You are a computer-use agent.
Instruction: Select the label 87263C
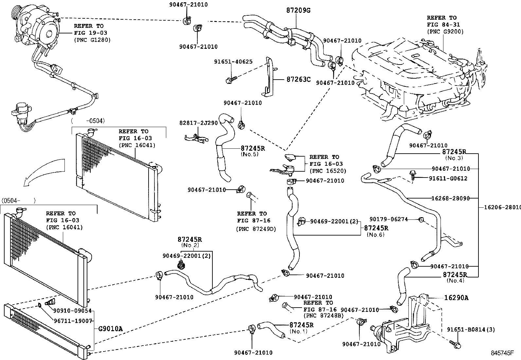coord(298,79)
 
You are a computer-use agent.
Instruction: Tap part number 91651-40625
coord(233,62)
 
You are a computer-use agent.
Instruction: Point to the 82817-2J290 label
coord(198,123)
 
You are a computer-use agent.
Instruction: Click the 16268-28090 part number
coord(451,198)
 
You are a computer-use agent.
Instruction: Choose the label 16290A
coord(456,298)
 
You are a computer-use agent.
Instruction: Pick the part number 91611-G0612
coord(448,179)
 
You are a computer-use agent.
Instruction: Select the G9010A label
coord(110,329)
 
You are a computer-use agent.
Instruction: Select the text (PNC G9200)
coord(445,31)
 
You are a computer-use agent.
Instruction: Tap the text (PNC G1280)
coord(92,40)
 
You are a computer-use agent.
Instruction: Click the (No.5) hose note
coord(249,154)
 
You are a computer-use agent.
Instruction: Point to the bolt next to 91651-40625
coord(230,79)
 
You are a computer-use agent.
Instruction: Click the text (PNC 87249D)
coord(256,229)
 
